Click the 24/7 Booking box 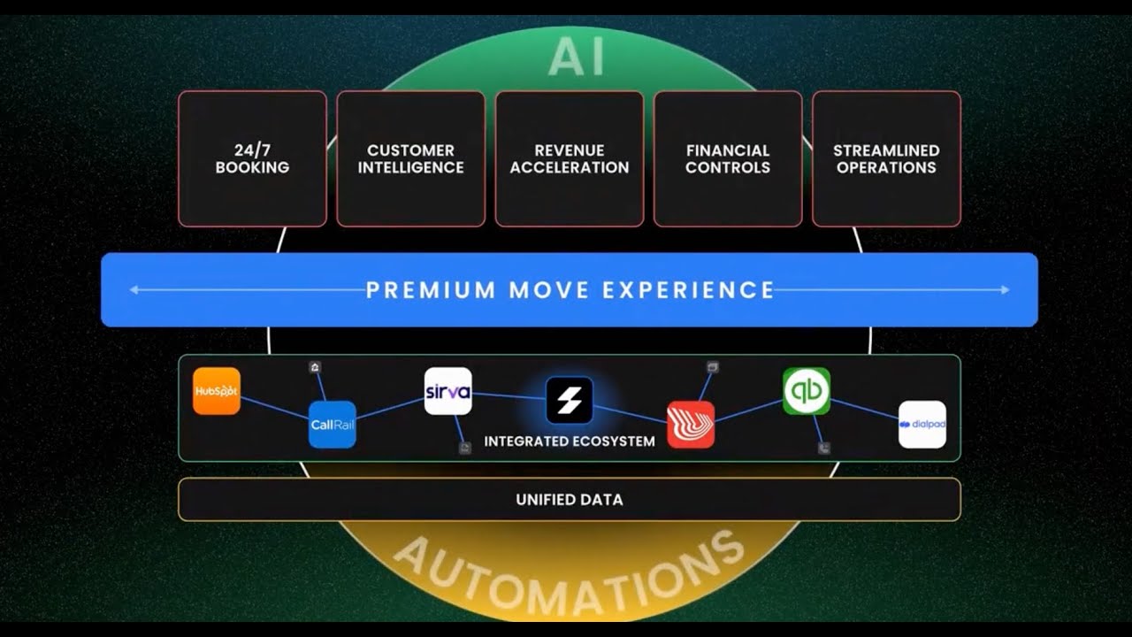tap(252, 159)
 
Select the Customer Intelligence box tap(410, 159)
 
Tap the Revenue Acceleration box tap(570, 159)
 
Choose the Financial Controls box tap(728, 159)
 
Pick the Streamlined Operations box tap(886, 159)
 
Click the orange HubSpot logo tap(217, 391)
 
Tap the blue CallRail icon tap(332, 425)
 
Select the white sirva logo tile tap(447, 391)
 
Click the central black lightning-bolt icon tap(570, 400)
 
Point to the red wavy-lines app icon tap(691, 425)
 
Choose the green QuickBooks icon tap(807, 391)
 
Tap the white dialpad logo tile tap(922, 425)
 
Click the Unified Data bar tap(570, 500)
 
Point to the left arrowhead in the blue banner tap(134, 289)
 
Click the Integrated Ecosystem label tap(570, 441)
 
